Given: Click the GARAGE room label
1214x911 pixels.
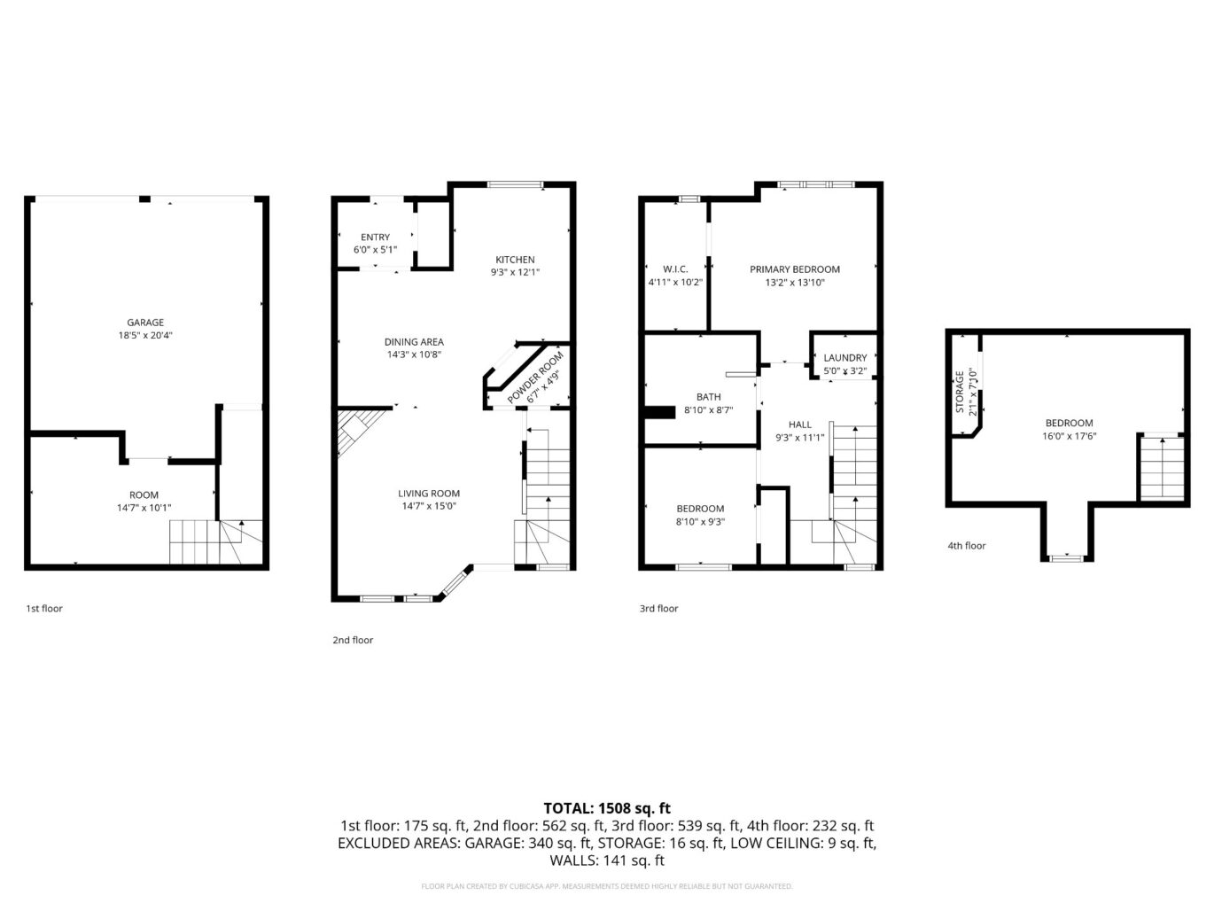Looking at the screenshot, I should tap(145, 323).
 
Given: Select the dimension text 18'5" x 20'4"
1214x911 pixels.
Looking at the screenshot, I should tap(145, 336).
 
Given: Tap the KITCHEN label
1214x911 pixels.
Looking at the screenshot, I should tap(515, 260).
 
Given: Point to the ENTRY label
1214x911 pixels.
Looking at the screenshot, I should tap(375, 237).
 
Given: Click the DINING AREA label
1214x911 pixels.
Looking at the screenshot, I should tap(414, 342).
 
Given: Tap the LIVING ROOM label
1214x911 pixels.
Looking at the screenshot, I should tap(429, 494).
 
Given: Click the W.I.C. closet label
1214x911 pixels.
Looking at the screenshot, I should tap(675, 269).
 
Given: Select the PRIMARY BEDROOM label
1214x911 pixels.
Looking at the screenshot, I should tap(795, 269).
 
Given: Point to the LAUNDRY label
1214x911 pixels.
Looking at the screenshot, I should tap(844, 358).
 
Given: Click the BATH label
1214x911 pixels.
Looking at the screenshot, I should tap(708, 397).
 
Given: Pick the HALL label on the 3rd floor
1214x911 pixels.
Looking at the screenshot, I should tap(800, 424).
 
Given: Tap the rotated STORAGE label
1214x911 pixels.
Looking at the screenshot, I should tap(960, 393).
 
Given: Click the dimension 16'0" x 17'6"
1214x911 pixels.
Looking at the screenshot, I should tap(1069, 436).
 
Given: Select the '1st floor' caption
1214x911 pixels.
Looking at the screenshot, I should tap(44, 609).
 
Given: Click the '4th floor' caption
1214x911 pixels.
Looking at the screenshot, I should tap(966, 546).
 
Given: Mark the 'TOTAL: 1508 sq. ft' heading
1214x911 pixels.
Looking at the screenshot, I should tap(607, 808).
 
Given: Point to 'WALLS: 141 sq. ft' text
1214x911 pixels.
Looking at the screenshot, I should tap(607, 860).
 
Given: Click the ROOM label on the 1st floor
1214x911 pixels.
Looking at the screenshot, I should tap(144, 495).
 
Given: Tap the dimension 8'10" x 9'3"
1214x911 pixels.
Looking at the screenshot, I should tap(700, 522).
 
